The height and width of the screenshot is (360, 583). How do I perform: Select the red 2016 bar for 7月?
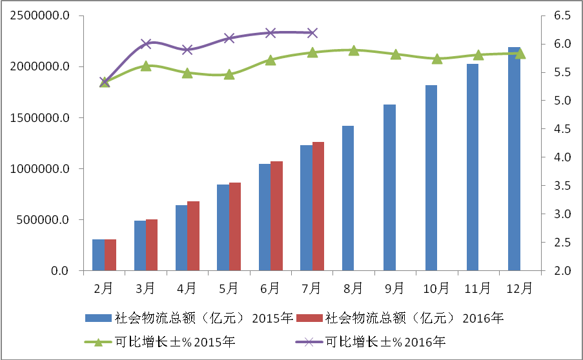318,206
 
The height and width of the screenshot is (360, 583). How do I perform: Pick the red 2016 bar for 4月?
193,236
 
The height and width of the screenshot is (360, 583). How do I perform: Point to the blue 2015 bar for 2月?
98,255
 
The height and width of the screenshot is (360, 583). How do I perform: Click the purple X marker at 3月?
146,44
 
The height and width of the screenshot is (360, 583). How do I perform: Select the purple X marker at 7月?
312,32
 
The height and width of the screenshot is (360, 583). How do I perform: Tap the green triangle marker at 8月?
353,50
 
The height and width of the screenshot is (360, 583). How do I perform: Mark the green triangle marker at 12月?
520,53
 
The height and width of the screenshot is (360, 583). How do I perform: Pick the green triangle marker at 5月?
229,74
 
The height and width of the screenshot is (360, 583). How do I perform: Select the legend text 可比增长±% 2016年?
385,342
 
